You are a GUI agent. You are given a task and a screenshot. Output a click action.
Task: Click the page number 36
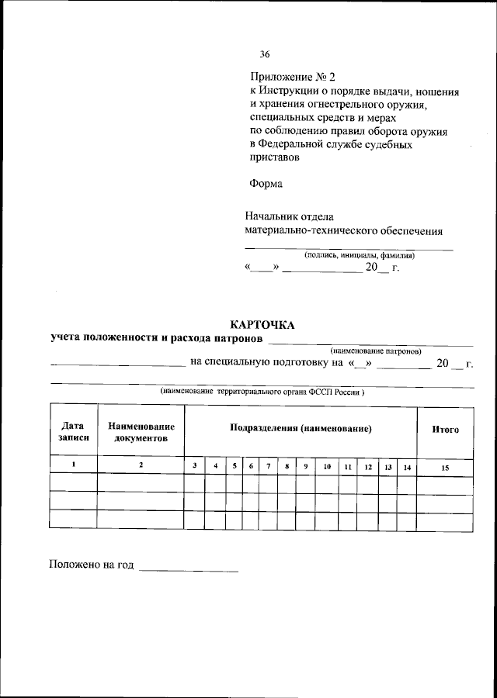265,54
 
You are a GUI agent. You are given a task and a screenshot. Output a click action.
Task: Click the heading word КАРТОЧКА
262,325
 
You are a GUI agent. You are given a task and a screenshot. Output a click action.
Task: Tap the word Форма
266,184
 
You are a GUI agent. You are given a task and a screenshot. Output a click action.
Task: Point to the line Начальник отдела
289,217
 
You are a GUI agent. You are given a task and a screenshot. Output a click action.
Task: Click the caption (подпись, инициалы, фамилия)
359,255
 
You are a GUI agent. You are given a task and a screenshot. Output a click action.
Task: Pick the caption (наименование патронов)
376,351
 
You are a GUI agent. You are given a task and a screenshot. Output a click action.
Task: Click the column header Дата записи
73,432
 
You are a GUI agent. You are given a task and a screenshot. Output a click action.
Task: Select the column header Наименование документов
141,432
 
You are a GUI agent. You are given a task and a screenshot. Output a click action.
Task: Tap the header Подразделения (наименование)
300,428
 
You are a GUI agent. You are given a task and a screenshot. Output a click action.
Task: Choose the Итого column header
445,429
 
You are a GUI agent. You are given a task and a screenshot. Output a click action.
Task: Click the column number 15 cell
445,467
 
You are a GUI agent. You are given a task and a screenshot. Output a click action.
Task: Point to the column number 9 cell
306,466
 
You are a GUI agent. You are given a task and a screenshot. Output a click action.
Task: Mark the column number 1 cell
73,465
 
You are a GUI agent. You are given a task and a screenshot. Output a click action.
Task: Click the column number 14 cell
407,466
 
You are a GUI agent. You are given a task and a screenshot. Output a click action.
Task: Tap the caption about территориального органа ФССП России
262,392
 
